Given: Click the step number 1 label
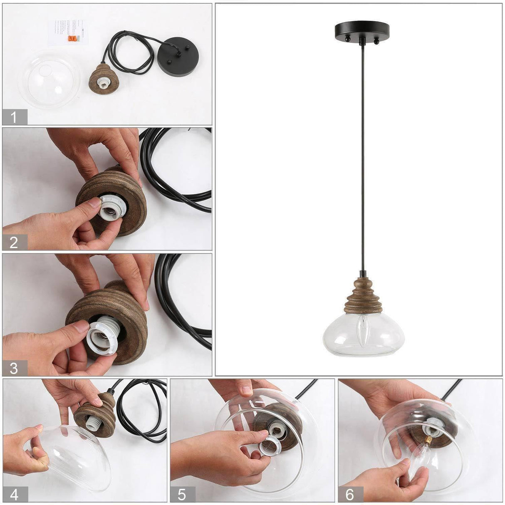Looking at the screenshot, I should [15, 117].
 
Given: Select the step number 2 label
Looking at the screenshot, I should [15, 242].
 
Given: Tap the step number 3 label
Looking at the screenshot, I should [15, 368].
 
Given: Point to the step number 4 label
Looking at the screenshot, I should [15, 494].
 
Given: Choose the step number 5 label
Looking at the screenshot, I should [182, 494].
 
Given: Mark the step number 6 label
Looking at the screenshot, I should [350, 494].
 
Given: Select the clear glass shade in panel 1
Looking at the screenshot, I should [49, 79].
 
